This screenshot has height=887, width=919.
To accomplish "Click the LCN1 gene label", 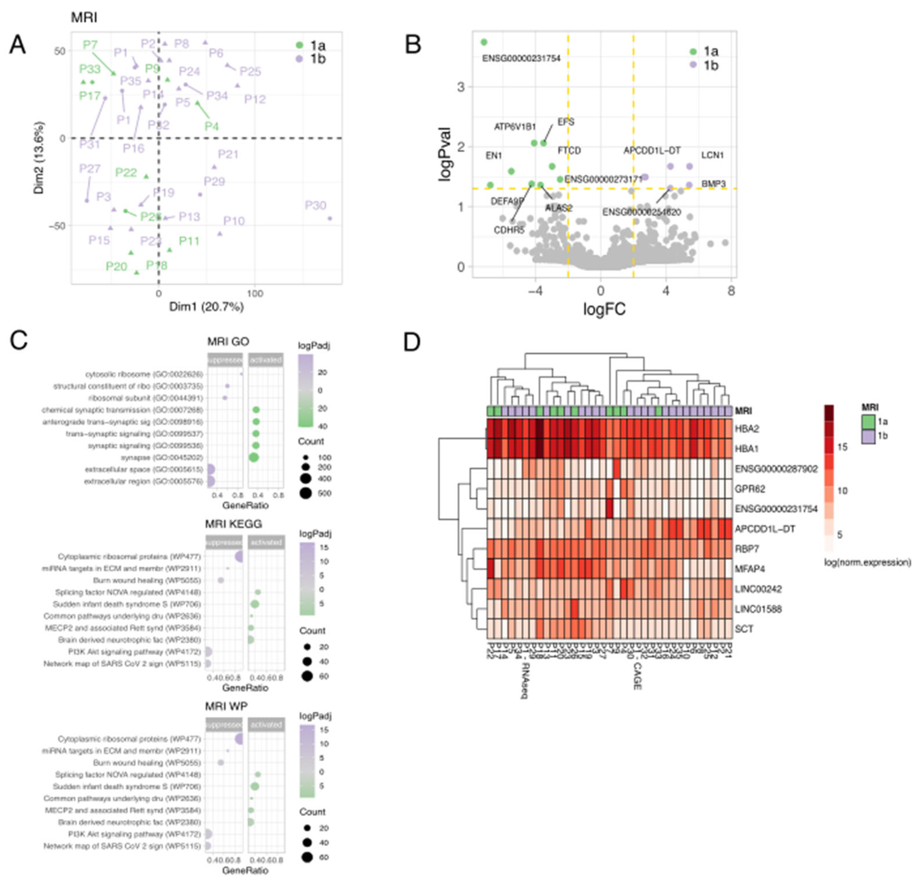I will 712,155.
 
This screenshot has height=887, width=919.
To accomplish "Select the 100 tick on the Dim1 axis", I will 254,294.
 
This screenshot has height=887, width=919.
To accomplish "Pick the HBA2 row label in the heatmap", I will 747,429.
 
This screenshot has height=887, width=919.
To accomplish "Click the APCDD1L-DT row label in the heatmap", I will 765,529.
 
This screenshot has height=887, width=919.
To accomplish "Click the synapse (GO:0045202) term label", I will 162,457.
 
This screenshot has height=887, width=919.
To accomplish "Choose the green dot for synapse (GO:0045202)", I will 254,457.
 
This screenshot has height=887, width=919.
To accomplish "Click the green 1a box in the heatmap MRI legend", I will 868,421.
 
